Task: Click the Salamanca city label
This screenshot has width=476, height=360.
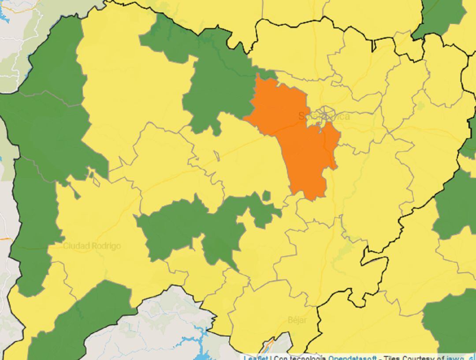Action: pos(324,116)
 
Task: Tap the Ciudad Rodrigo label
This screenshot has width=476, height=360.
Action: pos(92,246)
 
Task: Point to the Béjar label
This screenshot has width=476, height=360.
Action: pos(297,320)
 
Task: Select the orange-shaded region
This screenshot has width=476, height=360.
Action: pos(300,141)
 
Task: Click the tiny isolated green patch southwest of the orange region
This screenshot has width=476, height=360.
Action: pos(266,196)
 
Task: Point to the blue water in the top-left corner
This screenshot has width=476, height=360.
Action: pos(4,15)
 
